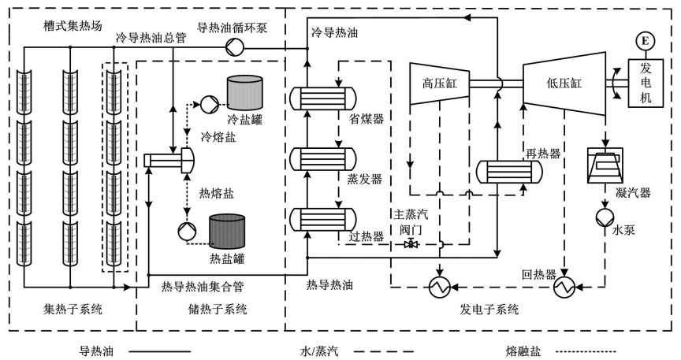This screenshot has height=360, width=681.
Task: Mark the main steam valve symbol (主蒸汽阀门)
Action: [411, 244]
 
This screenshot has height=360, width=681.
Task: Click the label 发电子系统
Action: [489, 310]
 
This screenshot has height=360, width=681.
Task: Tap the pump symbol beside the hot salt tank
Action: [183, 228]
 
